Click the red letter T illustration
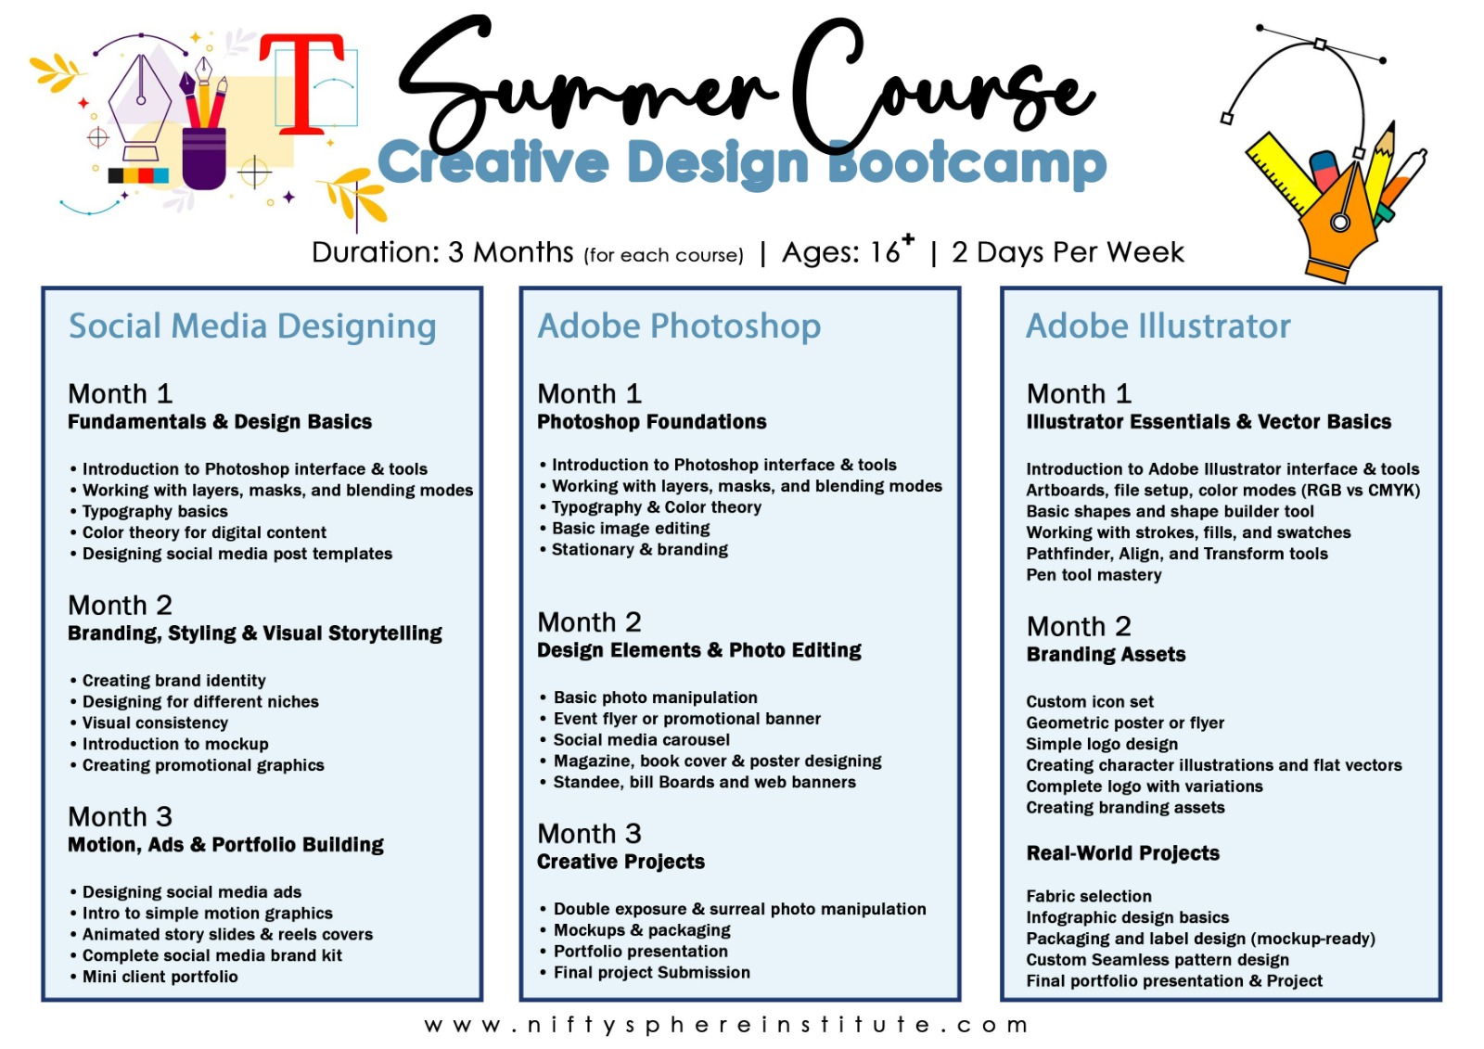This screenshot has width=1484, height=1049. [x=301, y=83]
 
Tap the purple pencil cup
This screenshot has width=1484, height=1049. [x=204, y=159]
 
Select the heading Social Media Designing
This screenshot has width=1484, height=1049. [x=252, y=326]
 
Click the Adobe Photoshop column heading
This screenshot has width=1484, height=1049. [x=679, y=326]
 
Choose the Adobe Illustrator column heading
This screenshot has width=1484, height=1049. [x=1158, y=326]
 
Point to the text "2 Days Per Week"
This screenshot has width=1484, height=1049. [x=1068, y=252]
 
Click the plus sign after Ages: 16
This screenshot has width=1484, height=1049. [x=908, y=238]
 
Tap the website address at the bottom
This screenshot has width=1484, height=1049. [x=726, y=1025]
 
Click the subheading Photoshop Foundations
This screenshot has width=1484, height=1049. [x=652, y=422]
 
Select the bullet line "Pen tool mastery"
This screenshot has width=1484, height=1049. [x=1094, y=574]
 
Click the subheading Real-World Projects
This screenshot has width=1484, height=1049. [x=1123, y=853]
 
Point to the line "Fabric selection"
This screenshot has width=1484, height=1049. [x=1089, y=896]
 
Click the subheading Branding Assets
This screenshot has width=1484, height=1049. [x=1106, y=655]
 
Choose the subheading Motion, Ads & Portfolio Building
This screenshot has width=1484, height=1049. [x=226, y=845]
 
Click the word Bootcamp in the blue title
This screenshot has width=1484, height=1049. [x=967, y=163]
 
